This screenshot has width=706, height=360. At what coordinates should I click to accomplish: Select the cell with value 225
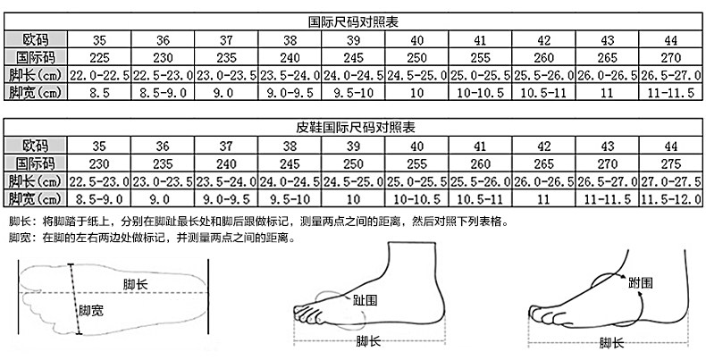[99, 56]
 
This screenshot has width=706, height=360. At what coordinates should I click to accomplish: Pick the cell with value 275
[670, 163]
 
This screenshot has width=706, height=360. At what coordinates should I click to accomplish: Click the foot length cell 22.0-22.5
[99, 74]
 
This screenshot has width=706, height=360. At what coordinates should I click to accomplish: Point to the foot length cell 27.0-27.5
[670, 180]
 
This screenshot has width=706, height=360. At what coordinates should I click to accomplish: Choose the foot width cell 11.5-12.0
[670, 197]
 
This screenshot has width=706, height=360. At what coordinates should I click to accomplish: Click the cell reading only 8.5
[99, 91]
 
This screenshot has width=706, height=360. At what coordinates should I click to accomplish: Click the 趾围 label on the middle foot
[364, 300]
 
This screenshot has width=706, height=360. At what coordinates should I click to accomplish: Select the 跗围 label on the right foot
[641, 283]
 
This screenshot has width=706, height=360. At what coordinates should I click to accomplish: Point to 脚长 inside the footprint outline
[136, 283]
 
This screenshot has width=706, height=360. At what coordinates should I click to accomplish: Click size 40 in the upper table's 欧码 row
[417, 39]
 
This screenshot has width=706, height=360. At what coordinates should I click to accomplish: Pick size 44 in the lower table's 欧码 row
[670, 146]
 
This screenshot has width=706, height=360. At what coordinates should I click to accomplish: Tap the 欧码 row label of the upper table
[37, 39]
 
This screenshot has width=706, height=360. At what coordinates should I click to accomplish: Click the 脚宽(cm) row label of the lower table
[37, 197]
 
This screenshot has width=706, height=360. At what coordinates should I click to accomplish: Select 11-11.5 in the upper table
[670, 91]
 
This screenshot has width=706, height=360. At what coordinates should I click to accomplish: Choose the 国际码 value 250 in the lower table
[354, 163]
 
